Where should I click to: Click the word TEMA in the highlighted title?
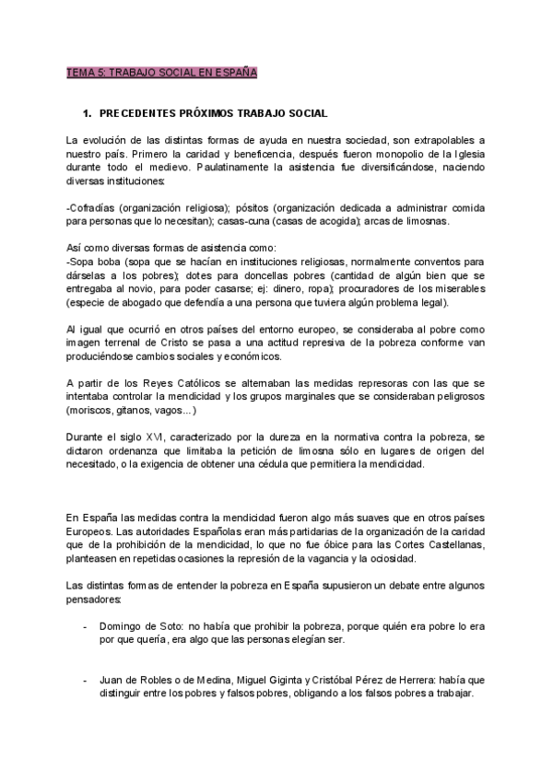[79, 71]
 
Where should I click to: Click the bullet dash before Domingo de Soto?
[85, 625]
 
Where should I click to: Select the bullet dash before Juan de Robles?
[85, 680]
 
